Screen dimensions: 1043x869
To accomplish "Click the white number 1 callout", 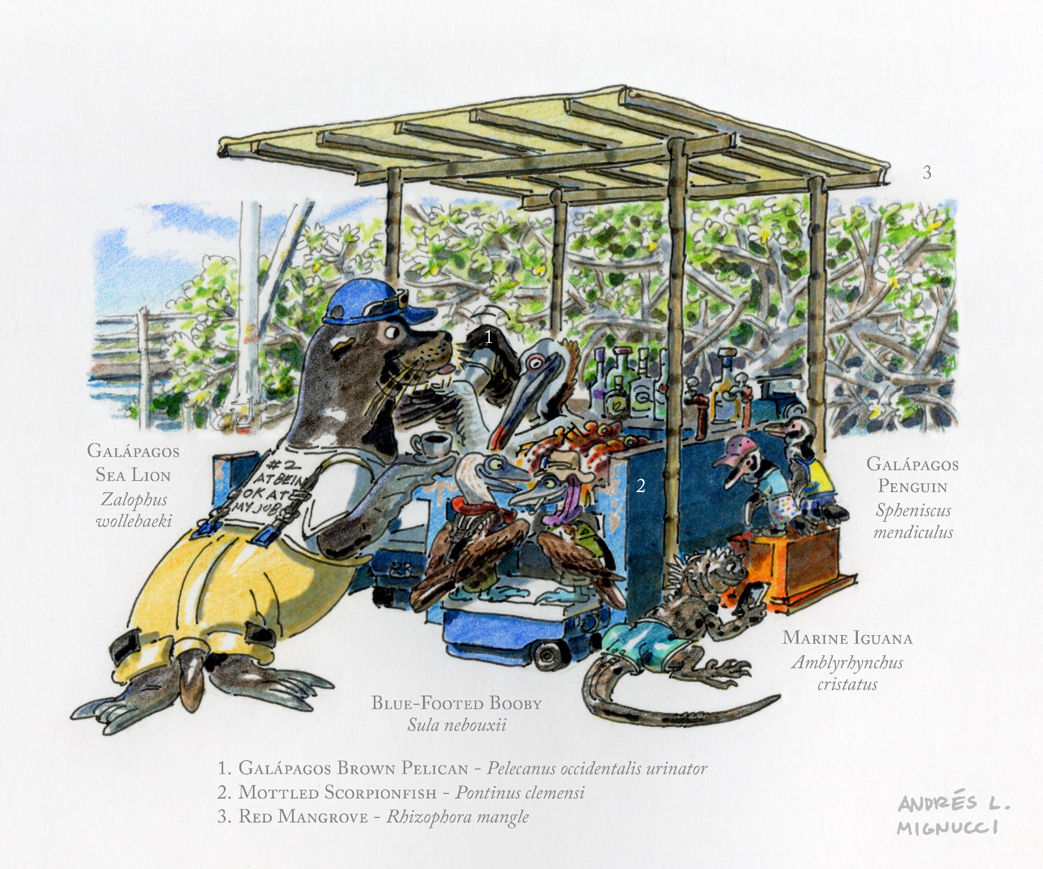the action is pos(488,337).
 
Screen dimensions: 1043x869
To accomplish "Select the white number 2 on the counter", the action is pos(640,486).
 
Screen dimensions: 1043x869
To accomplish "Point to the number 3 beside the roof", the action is pos(927,173).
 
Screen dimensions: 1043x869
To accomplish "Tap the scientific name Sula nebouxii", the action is pos(457,725).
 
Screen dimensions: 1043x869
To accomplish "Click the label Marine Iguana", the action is pos(847,638).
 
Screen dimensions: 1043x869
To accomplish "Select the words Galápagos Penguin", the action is pos(913,474).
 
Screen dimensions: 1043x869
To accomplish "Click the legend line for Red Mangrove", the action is pos(373,816).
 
